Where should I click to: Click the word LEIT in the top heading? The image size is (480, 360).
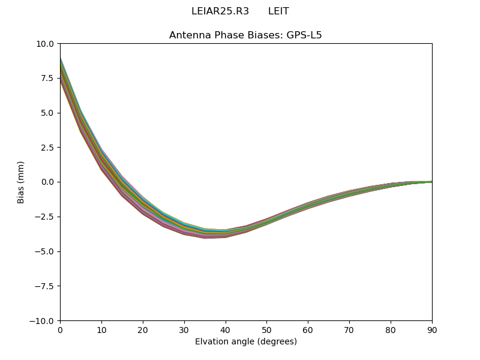[278, 11]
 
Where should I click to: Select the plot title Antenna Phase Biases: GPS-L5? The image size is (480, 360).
[245, 35]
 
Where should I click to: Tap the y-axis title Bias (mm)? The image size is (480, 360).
[21, 182]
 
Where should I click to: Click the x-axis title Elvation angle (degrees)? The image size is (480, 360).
[245, 342]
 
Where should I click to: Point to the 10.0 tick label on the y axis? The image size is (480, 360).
[45, 44]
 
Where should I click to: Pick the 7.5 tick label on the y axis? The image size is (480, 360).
[47, 78]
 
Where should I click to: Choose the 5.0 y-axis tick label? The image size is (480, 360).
[47, 113]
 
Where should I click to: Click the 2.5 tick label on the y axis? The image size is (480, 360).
[47, 148]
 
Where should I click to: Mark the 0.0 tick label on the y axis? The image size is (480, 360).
[47, 182]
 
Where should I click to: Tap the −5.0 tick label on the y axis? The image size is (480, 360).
[45, 251]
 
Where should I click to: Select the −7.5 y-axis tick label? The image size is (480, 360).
[45, 286]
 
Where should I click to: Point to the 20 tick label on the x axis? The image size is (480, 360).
[143, 329]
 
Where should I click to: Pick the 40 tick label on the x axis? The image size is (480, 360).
[226, 329]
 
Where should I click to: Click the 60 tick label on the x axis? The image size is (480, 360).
[308, 329]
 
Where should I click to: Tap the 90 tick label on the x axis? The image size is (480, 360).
[432, 329]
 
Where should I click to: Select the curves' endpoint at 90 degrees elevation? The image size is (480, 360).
[431, 182]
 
